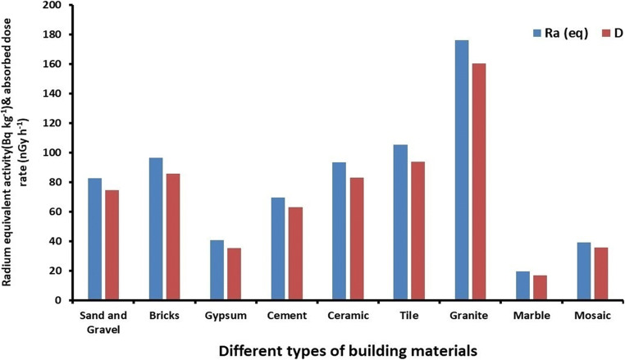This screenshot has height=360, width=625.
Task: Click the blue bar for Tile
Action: pos(400,222)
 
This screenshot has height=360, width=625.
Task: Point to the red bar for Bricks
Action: pos(173,237)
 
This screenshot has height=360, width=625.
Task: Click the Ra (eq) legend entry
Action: pos(561,34)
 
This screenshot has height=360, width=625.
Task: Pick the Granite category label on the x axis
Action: pos(470,314)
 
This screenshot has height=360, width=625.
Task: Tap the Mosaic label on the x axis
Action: pos(593,314)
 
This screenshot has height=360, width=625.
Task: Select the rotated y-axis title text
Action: pos(14,152)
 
